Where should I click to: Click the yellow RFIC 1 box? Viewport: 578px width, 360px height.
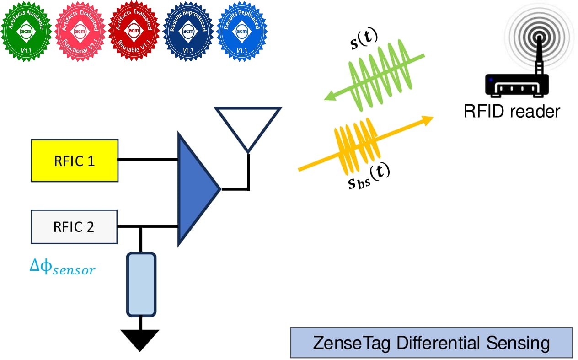[x=75, y=161]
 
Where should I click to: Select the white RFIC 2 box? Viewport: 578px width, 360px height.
[x=74, y=226]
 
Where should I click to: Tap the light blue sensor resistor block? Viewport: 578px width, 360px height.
[x=141, y=284]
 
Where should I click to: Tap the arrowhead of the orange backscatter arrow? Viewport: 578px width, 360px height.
[x=427, y=120]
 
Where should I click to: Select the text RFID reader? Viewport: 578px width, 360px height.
[x=512, y=111]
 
